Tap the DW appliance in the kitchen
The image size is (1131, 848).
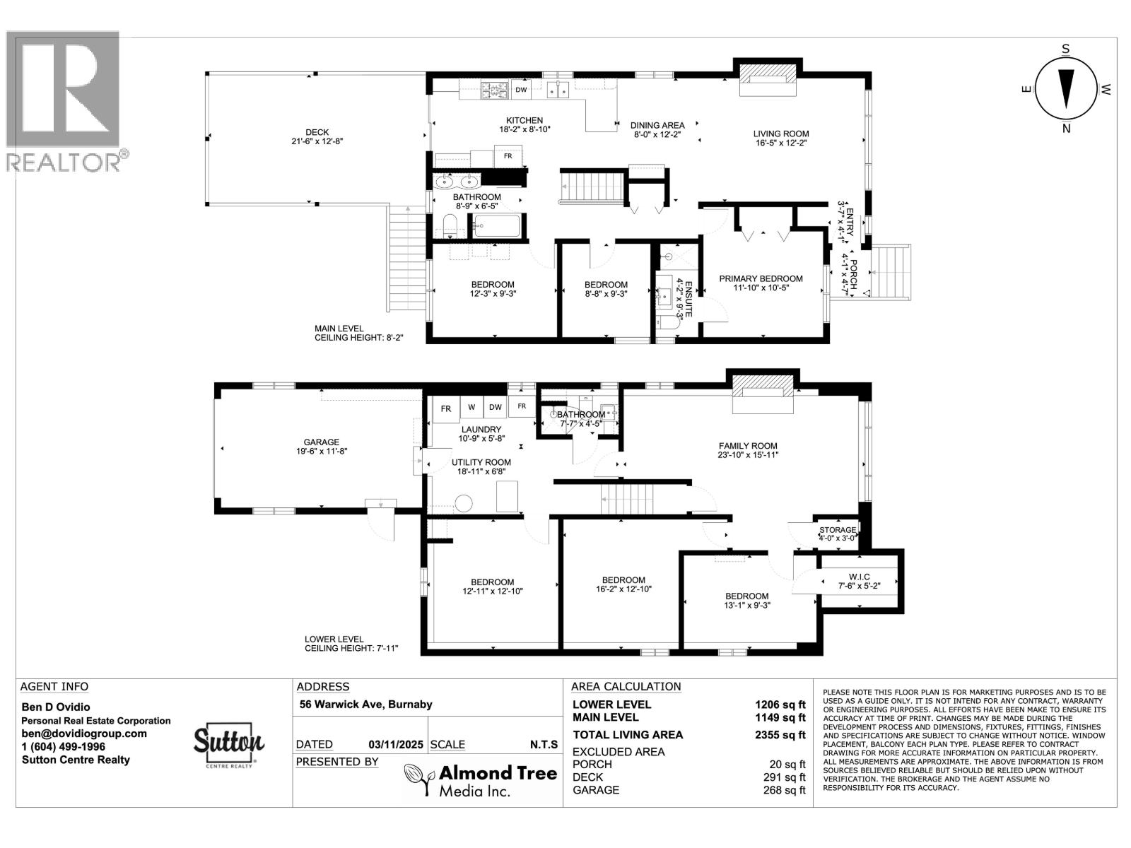[x=521, y=90]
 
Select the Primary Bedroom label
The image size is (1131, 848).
[x=761, y=278]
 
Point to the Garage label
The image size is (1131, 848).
[x=322, y=442]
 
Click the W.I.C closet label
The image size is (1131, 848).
[x=859, y=577]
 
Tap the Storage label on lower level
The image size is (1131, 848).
[x=837, y=530]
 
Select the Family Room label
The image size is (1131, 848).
[x=748, y=446]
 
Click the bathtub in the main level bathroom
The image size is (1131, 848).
[x=497, y=226]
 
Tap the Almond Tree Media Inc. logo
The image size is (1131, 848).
[x=481, y=780]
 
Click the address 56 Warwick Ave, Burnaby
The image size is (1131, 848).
[x=365, y=705]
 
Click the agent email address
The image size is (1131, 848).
[x=84, y=734]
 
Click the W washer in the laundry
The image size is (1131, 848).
[x=471, y=407]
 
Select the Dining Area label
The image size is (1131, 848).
[x=657, y=125]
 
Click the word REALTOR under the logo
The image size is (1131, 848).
[x=64, y=162]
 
